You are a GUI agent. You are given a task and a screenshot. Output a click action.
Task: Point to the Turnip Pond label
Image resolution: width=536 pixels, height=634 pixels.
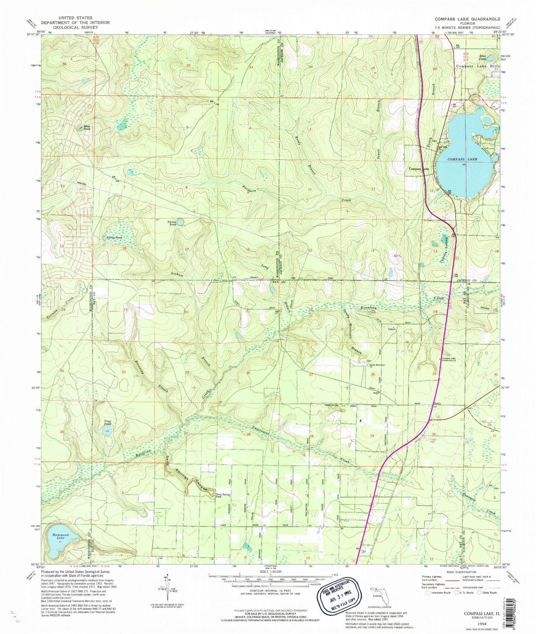pos(172,223)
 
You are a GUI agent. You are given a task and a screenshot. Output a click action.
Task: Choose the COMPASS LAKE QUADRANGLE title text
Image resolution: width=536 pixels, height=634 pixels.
pos(467,19)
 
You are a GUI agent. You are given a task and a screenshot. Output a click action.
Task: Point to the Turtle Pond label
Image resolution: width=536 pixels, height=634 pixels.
pos(114,237)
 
